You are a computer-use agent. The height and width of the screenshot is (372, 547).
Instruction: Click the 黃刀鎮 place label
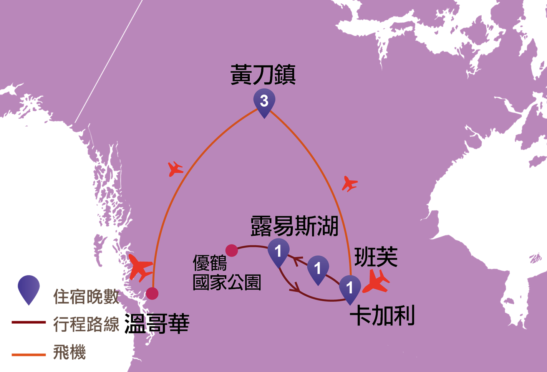tap(263, 75)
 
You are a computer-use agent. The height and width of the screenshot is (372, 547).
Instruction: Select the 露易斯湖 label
tap(295, 226)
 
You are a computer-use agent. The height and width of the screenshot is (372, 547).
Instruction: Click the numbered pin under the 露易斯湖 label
tap(278, 253)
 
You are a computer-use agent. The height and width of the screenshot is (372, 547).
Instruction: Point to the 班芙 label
tap(376, 257)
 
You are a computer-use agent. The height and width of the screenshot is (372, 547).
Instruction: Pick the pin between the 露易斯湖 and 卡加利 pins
tap(318, 270)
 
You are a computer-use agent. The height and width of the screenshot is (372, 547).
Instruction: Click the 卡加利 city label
tap(383, 315)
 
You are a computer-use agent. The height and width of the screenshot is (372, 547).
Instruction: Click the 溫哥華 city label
tap(157, 324)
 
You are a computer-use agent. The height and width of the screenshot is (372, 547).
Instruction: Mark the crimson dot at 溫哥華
tap(152, 293)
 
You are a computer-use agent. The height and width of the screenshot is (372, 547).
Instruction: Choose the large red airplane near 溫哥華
tap(141, 268)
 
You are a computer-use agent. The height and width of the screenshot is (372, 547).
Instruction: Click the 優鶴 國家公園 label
tap(227, 273)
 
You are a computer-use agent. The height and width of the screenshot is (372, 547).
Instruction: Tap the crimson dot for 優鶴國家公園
tap(232, 251)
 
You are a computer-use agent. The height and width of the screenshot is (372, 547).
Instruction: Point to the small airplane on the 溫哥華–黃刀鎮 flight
tap(175, 169)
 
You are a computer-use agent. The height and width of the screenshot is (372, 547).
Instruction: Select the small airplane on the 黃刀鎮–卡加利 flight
tap(350, 184)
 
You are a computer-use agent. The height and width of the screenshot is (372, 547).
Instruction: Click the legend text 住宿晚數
tap(86, 297)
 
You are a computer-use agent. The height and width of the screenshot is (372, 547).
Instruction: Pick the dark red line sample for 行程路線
tap(28, 322)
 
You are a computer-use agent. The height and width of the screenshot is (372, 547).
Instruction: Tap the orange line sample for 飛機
tap(28, 355)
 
